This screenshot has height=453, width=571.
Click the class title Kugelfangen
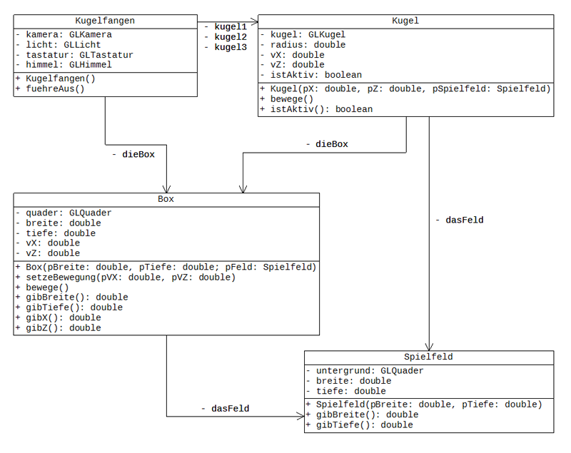[105, 21]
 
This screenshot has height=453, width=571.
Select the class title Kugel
[405, 21]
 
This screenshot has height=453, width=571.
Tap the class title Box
[166, 199]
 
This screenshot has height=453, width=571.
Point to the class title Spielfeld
[428, 357]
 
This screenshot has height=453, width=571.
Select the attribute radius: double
[298, 45]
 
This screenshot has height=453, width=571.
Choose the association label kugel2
[227, 36]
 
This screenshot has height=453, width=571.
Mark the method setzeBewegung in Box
[125, 277]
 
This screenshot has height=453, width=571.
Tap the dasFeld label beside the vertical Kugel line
[459, 220]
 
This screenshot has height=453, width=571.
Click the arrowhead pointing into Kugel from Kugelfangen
[253, 21]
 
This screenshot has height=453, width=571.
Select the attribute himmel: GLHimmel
[64, 64]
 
